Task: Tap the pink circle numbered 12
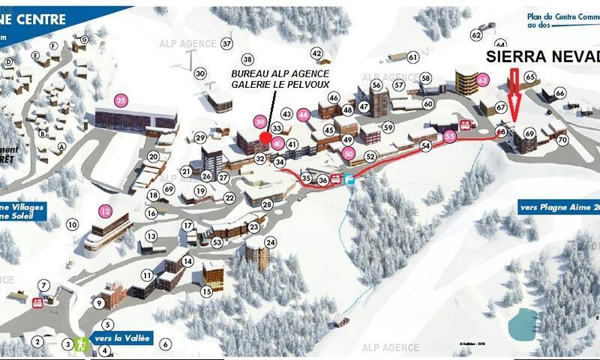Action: point(106,211)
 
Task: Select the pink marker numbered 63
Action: point(483,79)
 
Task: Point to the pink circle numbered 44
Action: point(303,115)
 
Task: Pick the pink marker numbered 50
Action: point(348,153)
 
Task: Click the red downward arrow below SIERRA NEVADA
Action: point(514,93)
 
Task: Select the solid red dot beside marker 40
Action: point(266,137)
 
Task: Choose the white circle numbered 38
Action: point(248,59)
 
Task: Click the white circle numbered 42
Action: point(316,53)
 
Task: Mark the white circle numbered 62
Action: point(476,34)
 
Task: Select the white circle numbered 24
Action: point(271,242)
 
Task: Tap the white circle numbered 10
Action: point(73,224)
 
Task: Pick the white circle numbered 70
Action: point(562,139)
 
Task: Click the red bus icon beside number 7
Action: point(37,302)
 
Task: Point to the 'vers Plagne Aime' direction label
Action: point(559,208)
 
